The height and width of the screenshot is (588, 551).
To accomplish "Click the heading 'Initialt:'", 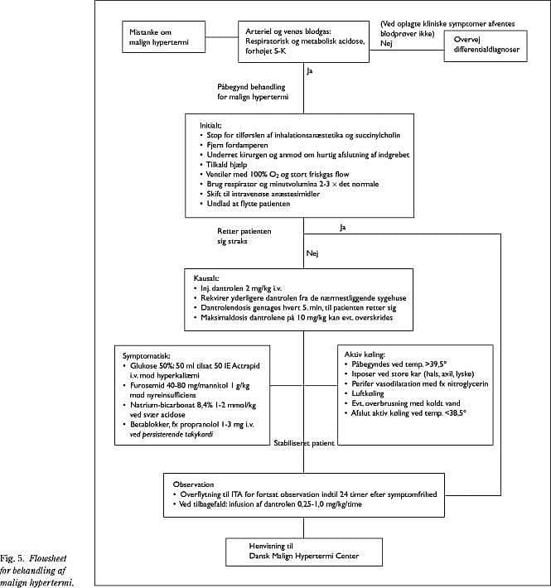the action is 210,125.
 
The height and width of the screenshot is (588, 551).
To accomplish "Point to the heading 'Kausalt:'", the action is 206,278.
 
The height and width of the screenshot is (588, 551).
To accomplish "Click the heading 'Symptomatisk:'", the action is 147,356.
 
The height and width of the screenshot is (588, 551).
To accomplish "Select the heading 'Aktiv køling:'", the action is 365,354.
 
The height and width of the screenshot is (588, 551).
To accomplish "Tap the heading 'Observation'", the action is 193,484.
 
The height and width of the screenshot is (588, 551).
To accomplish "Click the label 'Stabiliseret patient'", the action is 304,443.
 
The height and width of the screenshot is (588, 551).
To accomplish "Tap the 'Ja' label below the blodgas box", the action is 309,70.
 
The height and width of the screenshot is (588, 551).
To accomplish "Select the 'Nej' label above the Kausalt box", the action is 312,253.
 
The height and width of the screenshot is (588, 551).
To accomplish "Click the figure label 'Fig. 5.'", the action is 12,558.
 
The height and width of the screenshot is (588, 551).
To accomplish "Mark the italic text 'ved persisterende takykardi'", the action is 172,435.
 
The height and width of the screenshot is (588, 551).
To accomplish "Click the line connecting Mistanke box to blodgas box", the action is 222,37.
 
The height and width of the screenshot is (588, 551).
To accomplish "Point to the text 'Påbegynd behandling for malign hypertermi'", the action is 253,92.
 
